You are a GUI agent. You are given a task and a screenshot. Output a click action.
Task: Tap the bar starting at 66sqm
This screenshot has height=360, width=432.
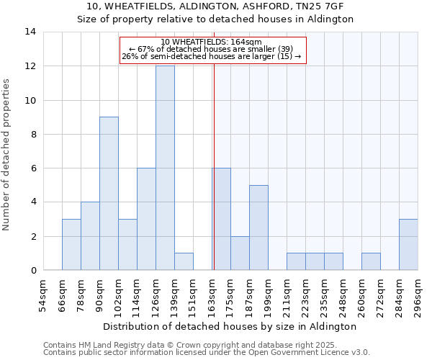coord(71,245)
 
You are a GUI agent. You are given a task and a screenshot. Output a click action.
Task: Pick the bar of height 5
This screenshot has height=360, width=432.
coord(258,228)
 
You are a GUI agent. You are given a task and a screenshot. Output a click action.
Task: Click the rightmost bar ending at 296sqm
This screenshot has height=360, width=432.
coord(408,245)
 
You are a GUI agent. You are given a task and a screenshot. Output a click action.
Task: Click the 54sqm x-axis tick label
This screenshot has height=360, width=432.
coord(43,296)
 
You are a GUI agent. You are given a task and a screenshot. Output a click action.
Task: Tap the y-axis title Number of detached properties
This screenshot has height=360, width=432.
coord(7,155)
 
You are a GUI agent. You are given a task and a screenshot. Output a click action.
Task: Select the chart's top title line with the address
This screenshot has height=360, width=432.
coord(215,6)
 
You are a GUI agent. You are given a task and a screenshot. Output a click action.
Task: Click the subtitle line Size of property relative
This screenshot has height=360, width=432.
coord(215,19)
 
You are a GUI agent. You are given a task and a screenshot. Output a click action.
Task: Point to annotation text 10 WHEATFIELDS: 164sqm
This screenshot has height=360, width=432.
coord(211,42)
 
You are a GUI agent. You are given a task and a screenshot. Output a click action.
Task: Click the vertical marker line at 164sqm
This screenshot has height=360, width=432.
coord(214,180)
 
